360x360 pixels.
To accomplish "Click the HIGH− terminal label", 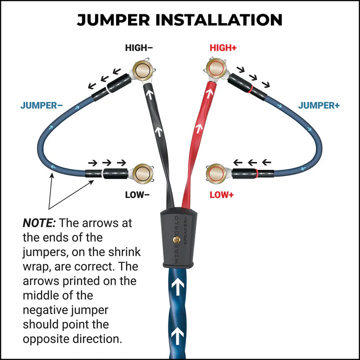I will pos(138,48).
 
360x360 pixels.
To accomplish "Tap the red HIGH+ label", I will pos(224,48).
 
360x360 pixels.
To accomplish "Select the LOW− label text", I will pos(137,195).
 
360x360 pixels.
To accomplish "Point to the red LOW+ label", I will pos(222,195).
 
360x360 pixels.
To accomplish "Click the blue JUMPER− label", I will pos(41,105).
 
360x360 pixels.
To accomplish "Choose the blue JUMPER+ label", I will pos(319,105).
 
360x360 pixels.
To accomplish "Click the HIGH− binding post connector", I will pos(141,71).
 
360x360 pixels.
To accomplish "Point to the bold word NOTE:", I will pos(39,223).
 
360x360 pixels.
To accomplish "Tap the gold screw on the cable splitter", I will pos(175,239).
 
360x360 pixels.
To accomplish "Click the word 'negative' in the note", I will pos(48,309).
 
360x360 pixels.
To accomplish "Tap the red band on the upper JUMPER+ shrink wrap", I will pos(251,88).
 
